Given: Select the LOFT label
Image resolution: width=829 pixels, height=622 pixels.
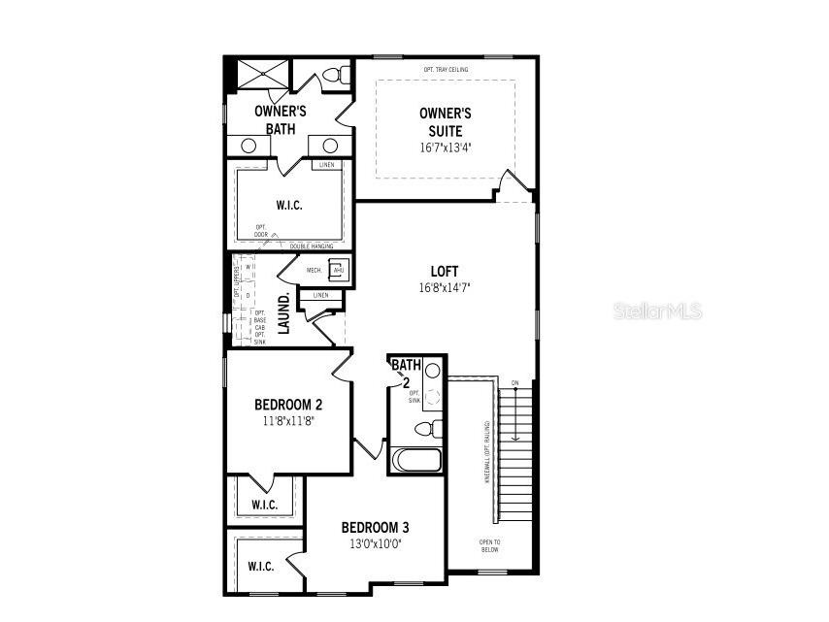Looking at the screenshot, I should (x=445, y=272).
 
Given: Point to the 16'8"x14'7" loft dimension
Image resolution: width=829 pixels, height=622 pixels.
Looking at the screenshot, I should (x=445, y=288).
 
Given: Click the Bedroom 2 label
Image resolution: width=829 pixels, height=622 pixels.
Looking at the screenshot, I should (x=288, y=405).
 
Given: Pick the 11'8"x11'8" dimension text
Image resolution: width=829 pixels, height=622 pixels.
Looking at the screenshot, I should (x=288, y=421).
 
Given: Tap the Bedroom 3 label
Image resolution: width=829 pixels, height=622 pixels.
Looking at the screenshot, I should (x=375, y=527).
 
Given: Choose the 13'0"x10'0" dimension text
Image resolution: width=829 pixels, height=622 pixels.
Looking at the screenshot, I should (x=375, y=543).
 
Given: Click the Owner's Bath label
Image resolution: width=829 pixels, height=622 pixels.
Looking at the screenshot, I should (x=281, y=119).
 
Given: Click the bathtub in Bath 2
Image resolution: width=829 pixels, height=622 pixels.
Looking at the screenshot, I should (x=415, y=459).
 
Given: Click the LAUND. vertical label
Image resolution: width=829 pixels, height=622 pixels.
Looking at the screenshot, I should (x=284, y=313).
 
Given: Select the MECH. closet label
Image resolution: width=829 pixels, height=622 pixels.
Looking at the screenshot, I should (x=315, y=270).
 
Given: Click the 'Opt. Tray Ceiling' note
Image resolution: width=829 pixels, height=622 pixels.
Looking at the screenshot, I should (x=445, y=70).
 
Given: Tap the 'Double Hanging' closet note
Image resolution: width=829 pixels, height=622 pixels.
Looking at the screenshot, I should (x=312, y=246).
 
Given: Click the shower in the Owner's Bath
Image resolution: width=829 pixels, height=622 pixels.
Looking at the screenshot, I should (x=261, y=75).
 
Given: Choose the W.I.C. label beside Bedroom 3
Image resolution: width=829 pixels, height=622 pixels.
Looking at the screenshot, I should (x=260, y=566).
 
